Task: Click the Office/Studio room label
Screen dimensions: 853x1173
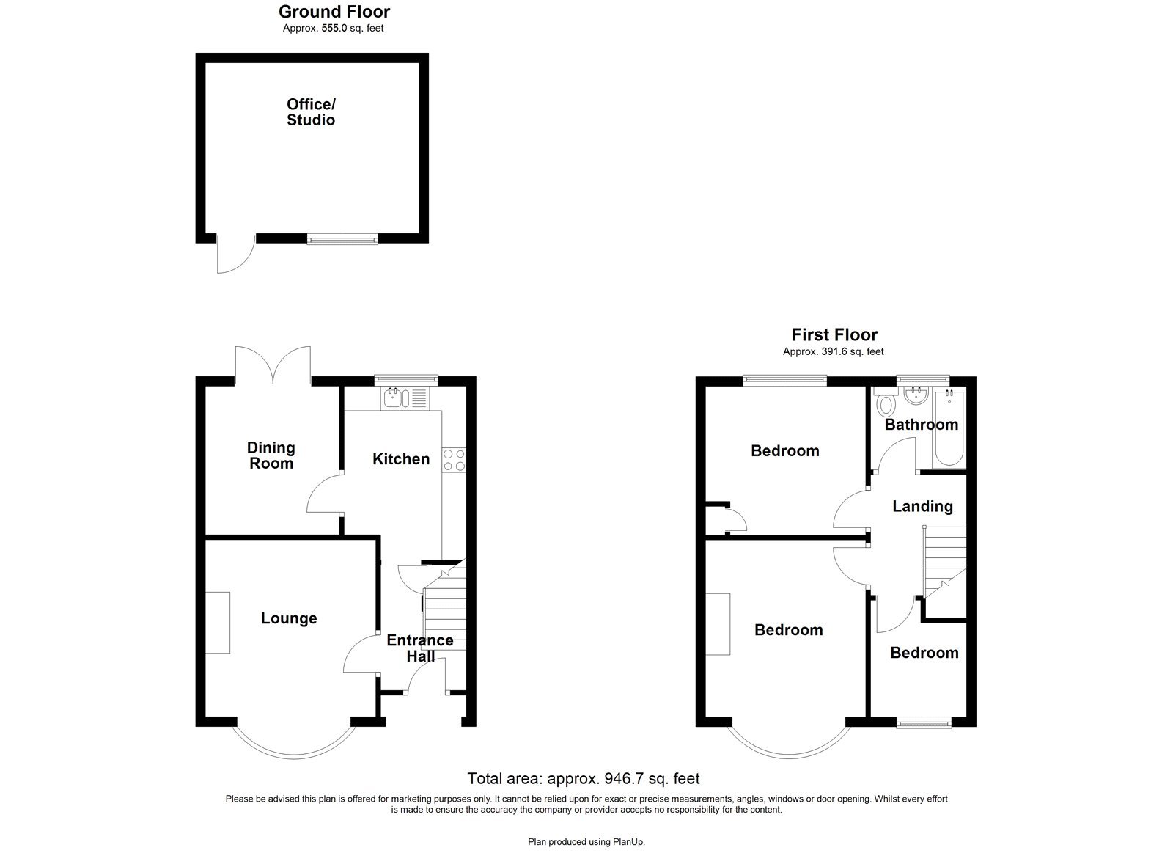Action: click(x=311, y=112)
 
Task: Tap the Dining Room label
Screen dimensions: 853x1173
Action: click(x=271, y=455)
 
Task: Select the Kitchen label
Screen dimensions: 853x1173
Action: click(x=401, y=459)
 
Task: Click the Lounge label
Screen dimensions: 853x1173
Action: click(x=289, y=618)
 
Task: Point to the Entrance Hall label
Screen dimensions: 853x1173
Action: click(x=420, y=648)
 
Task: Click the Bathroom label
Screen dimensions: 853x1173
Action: click(x=921, y=425)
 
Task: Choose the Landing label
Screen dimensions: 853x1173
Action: click(x=922, y=506)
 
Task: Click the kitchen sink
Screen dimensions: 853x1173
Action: click(x=394, y=398)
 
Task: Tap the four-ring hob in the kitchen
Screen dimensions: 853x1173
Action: click(x=454, y=459)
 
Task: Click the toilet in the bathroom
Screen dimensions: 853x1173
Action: click(x=886, y=403)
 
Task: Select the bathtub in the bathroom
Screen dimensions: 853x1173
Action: click(x=950, y=429)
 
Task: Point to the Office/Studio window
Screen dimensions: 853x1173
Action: click(x=342, y=238)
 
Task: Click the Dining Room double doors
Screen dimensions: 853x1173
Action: click(x=273, y=364)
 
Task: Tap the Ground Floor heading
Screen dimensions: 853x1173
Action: click(x=334, y=12)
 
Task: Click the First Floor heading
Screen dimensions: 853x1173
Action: click(x=834, y=335)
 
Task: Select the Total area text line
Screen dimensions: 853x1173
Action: click(x=584, y=778)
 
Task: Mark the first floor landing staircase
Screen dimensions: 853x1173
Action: click(x=944, y=562)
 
